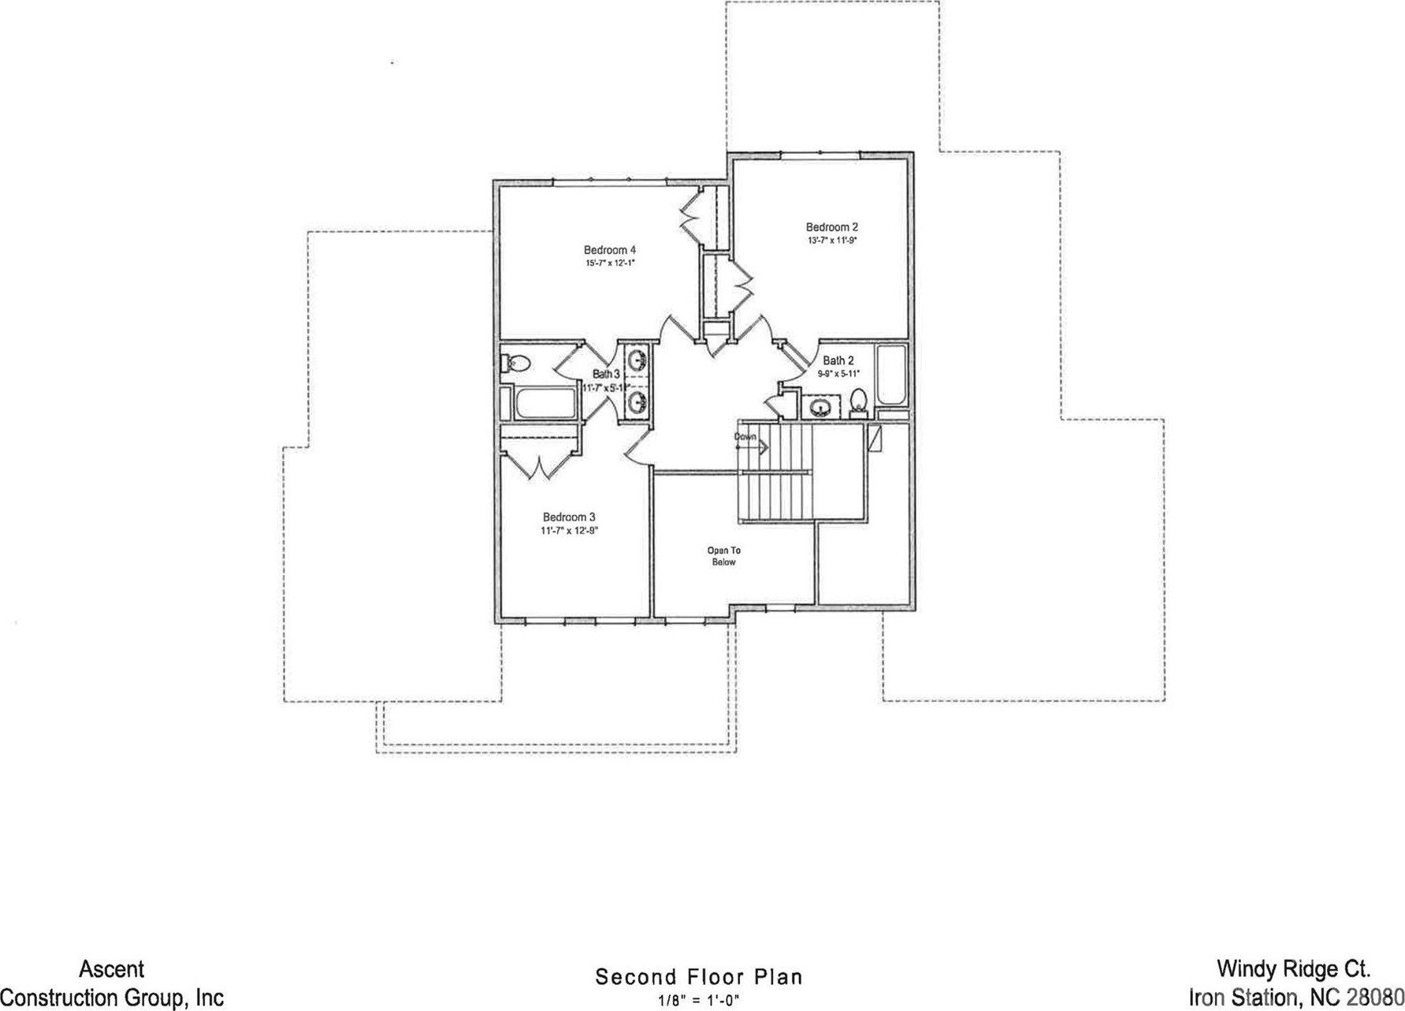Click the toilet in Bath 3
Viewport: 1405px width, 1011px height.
click(x=518, y=364)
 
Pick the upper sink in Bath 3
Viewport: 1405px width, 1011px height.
click(x=639, y=360)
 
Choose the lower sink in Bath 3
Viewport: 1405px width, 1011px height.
click(x=639, y=403)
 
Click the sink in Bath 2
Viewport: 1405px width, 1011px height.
click(x=821, y=408)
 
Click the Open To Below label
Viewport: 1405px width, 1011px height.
click(x=723, y=556)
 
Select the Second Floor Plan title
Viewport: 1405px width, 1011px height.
click(x=699, y=977)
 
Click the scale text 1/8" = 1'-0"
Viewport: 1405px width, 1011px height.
click(x=699, y=998)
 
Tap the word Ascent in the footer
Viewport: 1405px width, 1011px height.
click(x=111, y=969)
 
